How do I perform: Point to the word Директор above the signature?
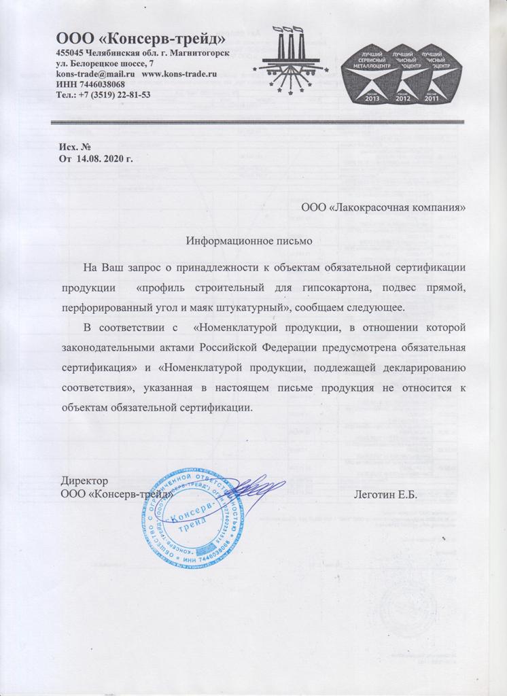coord(84,481)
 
